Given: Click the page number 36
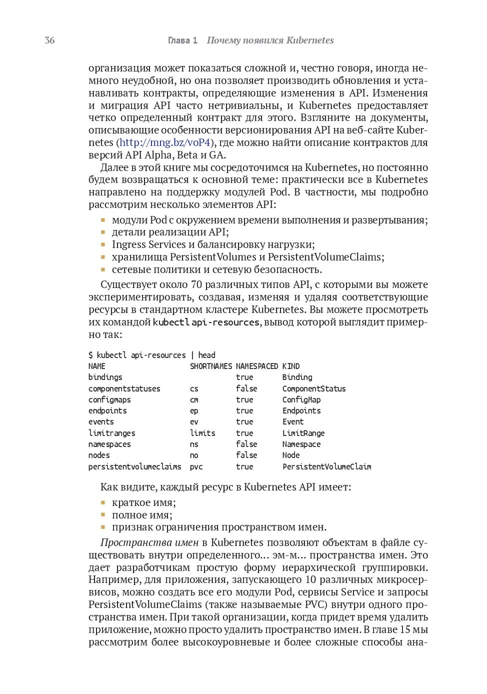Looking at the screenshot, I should [x=49, y=40].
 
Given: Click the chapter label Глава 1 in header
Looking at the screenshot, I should [x=182, y=40].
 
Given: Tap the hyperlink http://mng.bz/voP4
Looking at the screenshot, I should [x=165, y=142].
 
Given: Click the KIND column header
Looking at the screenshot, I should [x=291, y=366].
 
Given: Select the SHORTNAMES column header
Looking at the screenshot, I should [x=211, y=366].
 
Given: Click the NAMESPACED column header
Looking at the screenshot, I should [x=257, y=366].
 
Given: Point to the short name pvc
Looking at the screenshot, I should [x=196, y=466].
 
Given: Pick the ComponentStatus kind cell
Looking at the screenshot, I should [x=314, y=388].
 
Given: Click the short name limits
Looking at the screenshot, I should [x=202, y=433].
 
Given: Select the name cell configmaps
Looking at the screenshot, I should [x=109, y=399].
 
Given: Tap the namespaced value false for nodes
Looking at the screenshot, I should [x=246, y=455].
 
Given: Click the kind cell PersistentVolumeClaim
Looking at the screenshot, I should [x=326, y=466].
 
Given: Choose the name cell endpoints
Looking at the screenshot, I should [x=107, y=410].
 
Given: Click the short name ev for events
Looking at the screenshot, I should [x=194, y=421].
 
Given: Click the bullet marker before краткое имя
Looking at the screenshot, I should [x=103, y=502].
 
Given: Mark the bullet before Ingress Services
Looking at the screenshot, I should [x=103, y=244].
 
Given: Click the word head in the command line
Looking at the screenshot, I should [x=207, y=355].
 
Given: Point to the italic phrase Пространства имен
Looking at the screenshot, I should [x=149, y=542].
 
